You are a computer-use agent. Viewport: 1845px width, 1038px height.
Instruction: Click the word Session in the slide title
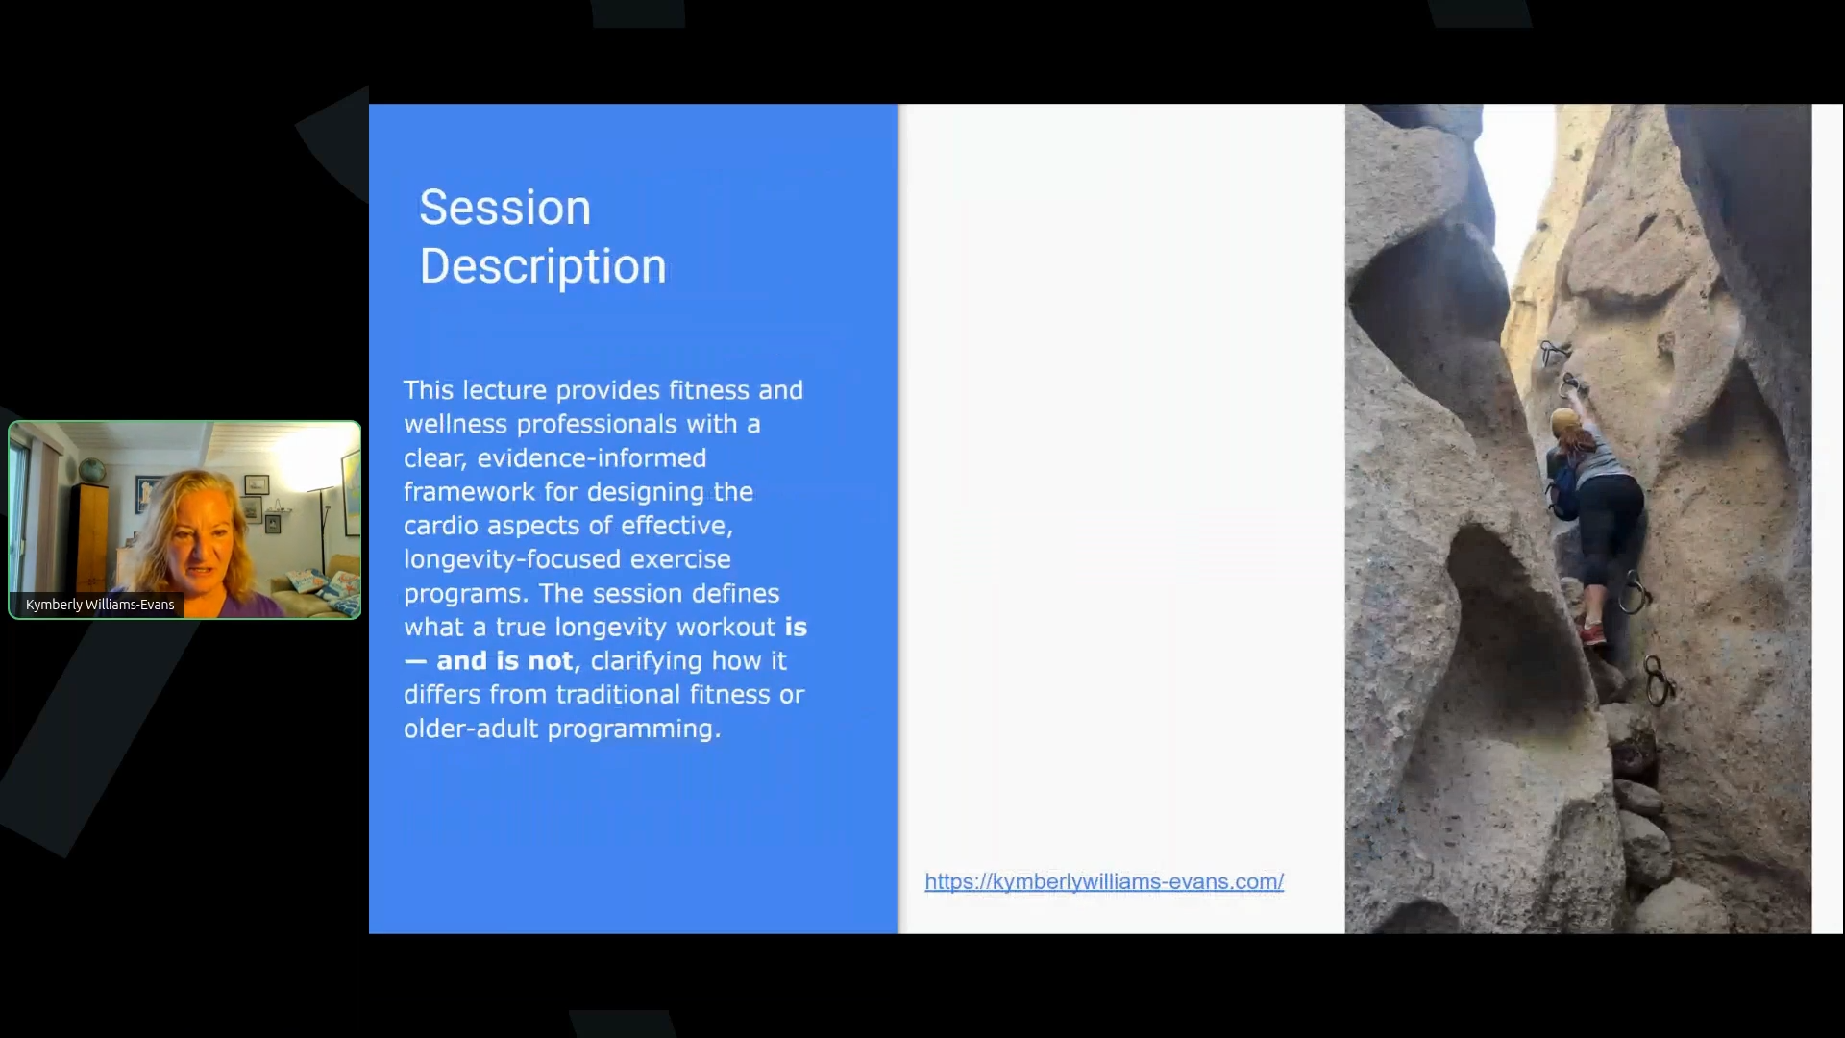505,207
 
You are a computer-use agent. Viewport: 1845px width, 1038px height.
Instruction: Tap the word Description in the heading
543,265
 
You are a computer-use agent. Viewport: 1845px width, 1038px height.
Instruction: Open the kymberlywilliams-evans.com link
1104,881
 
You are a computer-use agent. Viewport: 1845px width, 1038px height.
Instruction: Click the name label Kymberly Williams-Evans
100,605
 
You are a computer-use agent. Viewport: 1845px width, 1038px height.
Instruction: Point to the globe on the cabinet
91,471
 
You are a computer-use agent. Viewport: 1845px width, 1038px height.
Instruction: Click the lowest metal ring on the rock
1657,680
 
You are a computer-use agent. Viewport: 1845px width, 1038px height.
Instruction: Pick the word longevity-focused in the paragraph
567,559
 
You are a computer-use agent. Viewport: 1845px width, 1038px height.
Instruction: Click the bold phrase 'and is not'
504,661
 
